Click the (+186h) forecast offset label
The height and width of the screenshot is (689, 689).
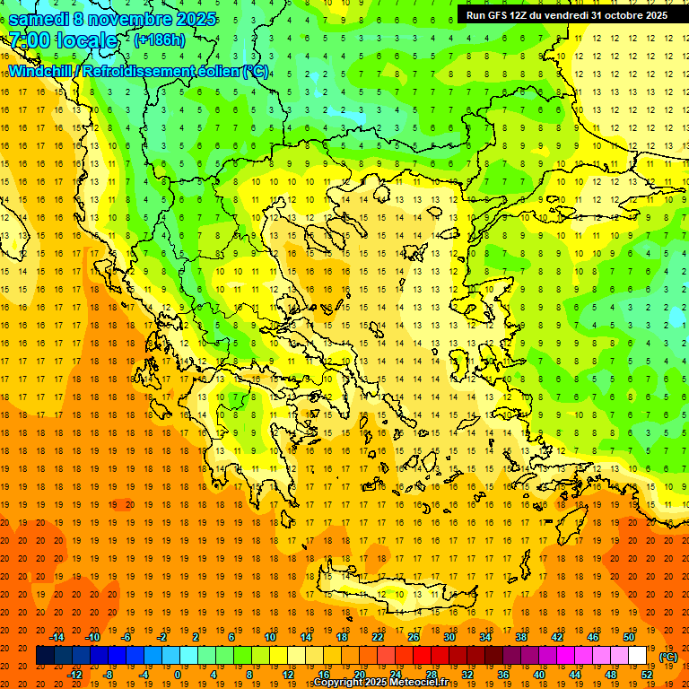(160, 40)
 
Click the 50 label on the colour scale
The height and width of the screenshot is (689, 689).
(629, 637)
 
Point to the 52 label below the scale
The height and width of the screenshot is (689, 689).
(646, 675)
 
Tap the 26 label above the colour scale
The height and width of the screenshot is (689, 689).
(414, 637)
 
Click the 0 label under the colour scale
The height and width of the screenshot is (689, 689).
(178, 675)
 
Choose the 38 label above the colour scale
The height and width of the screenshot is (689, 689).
(521, 637)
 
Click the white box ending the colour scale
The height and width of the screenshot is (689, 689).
(637, 656)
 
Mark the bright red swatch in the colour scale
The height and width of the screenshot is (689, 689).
(422, 656)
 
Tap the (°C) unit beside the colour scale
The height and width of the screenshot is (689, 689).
(667, 657)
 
